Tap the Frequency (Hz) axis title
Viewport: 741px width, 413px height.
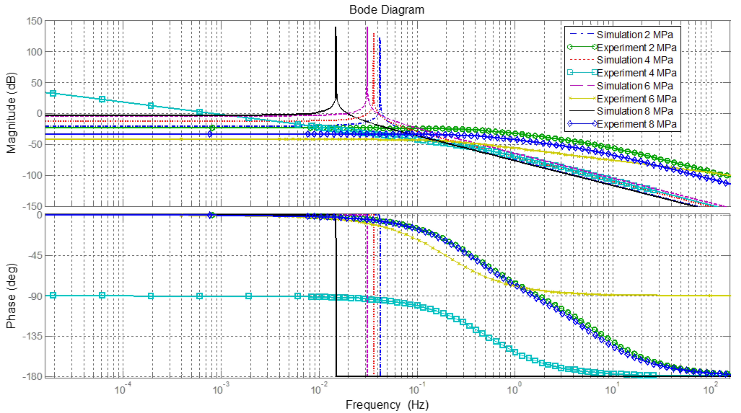(387, 405)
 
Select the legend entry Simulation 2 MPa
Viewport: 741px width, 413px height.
(635, 35)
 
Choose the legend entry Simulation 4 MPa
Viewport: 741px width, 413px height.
(635, 60)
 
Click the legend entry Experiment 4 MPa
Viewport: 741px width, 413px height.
(636, 73)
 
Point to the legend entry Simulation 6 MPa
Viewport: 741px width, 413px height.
(635, 86)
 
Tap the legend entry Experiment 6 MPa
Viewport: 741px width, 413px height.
(636, 99)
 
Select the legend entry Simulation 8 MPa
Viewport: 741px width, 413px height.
(635, 111)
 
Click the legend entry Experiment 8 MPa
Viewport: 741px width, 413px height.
(636, 124)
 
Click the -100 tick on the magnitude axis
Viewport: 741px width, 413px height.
(32, 175)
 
